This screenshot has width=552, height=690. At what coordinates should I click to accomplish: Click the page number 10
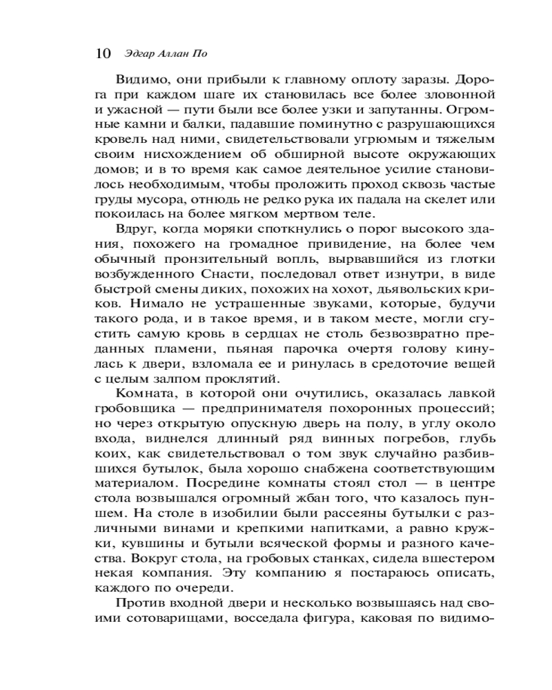coord(101,53)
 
